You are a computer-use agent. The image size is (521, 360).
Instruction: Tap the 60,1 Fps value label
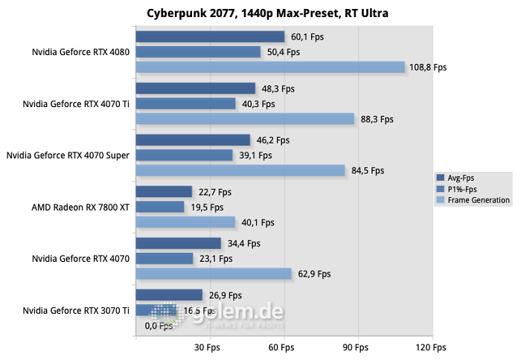click(307, 36)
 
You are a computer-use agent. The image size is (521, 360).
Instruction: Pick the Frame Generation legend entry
click(473, 200)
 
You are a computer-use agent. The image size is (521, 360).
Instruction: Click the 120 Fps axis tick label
click(430, 347)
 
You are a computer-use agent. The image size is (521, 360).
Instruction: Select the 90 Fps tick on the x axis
click(357, 347)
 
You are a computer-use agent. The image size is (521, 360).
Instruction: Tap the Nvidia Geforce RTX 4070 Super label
click(68, 155)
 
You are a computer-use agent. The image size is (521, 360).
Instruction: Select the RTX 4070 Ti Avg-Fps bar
click(196, 89)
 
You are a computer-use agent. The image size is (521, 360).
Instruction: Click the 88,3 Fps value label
click(376, 118)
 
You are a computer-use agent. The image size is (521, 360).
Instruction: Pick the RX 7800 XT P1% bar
click(160, 207)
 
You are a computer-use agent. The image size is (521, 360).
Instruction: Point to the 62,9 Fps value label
click(313, 274)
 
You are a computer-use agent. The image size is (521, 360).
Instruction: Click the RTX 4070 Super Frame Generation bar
click(240, 170)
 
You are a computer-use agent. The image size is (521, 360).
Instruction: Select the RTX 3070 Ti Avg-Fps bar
click(169, 295)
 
